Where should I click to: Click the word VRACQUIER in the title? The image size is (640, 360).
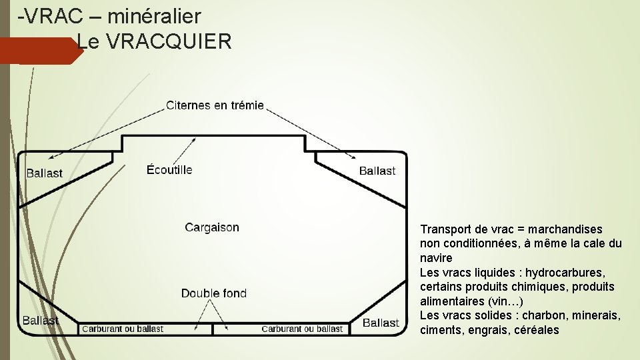click(169, 43)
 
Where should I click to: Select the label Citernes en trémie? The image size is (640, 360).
click(215, 105)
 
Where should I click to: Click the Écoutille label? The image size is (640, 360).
click(169, 170)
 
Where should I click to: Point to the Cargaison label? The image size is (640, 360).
click(212, 227)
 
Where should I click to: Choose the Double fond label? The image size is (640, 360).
click(214, 293)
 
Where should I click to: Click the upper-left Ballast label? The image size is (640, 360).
click(44, 173)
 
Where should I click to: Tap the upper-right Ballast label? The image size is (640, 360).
click(377, 171)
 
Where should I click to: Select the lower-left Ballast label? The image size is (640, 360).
click(41, 321)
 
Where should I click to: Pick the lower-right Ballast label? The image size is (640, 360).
click(381, 323)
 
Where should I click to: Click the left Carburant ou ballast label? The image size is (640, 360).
click(123, 329)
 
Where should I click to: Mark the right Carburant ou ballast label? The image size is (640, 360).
click(302, 329)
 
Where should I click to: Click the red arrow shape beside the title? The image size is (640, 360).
click(40, 51)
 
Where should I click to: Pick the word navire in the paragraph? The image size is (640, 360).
click(436, 258)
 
